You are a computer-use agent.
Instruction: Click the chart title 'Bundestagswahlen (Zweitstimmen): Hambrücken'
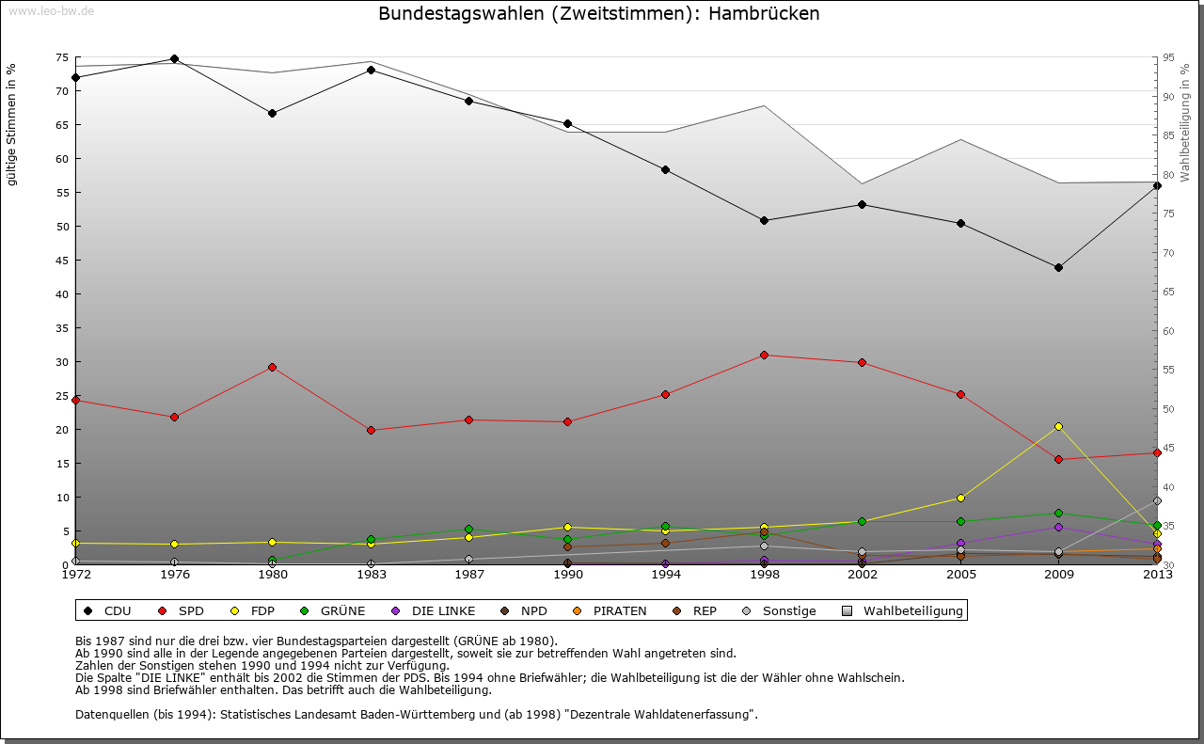point(599,14)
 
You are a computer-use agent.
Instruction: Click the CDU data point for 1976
point(174,58)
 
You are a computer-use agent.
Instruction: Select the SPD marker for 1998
point(764,355)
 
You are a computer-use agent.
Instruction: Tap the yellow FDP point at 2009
point(1059,426)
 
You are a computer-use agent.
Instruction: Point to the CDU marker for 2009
point(1059,267)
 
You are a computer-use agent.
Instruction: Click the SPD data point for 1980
point(272,367)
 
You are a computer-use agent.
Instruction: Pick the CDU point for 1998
point(764,220)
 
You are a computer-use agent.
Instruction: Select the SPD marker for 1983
point(371,430)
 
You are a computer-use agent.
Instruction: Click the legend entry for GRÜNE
point(334,611)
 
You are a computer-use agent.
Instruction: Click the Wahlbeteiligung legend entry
point(903,611)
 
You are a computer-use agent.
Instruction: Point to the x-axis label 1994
point(665,575)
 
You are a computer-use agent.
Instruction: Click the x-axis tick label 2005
point(960,575)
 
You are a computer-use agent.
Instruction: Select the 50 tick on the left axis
point(62,227)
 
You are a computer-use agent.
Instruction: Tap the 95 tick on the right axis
point(1168,57)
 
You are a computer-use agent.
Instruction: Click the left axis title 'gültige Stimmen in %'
point(12,125)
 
